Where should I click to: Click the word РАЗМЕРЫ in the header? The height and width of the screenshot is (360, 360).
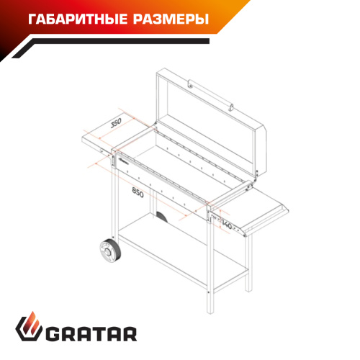(x=171, y=19)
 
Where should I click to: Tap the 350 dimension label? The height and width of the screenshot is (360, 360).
(x=116, y=123)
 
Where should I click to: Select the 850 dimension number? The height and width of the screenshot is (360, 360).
(x=138, y=192)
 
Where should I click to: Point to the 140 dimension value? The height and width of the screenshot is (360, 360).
(x=227, y=225)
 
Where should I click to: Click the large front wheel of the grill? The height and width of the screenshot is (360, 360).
(x=110, y=251)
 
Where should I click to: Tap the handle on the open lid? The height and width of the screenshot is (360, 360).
(x=210, y=95)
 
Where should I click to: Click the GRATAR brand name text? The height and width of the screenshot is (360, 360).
(x=91, y=333)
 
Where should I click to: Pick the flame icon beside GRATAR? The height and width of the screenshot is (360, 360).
(x=29, y=326)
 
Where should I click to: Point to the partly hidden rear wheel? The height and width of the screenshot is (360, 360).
(x=161, y=217)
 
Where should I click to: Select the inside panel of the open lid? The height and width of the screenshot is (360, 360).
(x=207, y=122)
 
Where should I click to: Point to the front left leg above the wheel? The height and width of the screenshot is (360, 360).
(x=115, y=203)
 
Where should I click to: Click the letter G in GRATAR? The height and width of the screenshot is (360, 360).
(x=52, y=333)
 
